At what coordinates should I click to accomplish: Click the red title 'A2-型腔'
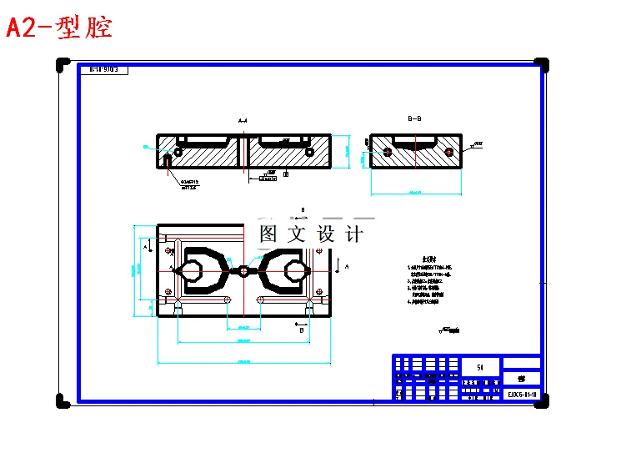[x=59, y=28]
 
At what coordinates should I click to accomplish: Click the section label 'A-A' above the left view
[x=243, y=122]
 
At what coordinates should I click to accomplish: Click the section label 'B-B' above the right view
[x=414, y=119]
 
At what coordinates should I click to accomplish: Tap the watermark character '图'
[x=268, y=234]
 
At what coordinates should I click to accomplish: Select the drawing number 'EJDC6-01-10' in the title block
[x=521, y=393]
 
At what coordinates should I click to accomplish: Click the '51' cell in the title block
[x=480, y=366]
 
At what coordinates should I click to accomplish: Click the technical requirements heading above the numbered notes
[x=429, y=259]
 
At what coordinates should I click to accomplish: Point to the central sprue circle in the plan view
[x=243, y=270]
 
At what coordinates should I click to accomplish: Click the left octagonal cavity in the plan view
[x=193, y=271]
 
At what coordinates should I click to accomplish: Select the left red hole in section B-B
[x=388, y=152]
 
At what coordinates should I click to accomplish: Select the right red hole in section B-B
[x=449, y=152]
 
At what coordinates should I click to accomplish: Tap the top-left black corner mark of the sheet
[x=63, y=64]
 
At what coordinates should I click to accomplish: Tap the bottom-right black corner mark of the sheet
[x=541, y=400]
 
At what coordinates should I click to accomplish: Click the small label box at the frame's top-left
[x=108, y=70]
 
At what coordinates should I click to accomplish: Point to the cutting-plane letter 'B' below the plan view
[x=301, y=330]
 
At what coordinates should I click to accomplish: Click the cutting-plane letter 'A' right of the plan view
[x=347, y=265]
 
